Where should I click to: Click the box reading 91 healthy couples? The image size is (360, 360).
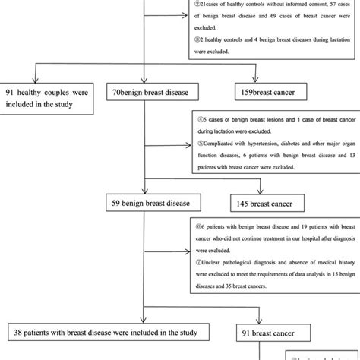point(49,93)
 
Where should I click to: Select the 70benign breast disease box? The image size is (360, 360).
point(144,93)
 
